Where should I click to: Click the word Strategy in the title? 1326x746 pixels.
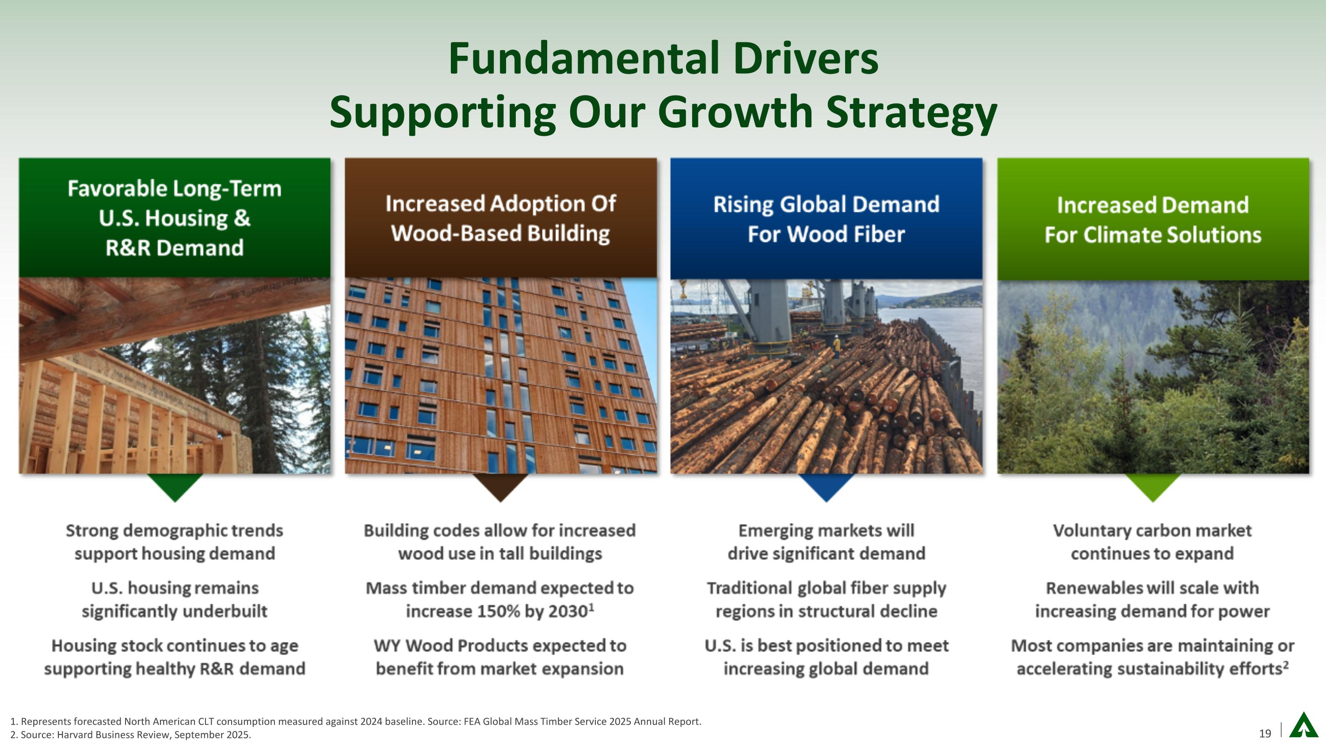pyautogui.click(x=911, y=112)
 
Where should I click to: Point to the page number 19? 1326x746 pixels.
pyautogui.click(x=1265, y=734)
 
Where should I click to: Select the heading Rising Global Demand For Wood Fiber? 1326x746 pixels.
pyautogui.click(x=826, y=219)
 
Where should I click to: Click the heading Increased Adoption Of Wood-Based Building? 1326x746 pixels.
pyautogui.click(x=500, y=218)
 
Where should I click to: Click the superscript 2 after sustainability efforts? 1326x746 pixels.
pyautogui.click(x=1286, y=665)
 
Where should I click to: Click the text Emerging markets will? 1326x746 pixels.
pyautogui.click(x=826, y=530)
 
